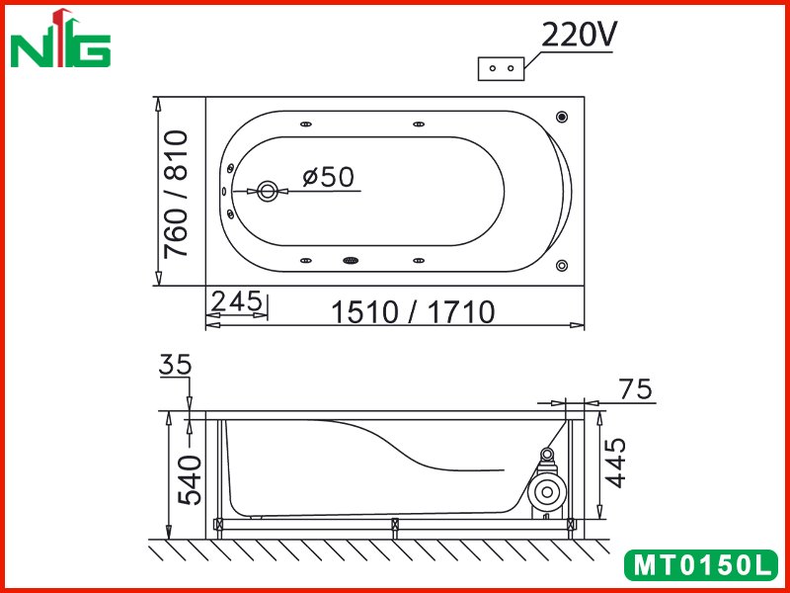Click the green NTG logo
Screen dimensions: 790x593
pos(60,39)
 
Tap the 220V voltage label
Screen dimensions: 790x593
pos(579,36)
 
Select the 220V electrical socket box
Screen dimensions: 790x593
pos(501,68)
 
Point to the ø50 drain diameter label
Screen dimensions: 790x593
pos(329,177)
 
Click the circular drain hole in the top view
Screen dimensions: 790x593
pos(267,191)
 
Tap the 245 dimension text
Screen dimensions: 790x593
pos(237,301)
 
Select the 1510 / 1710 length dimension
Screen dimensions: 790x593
pos(413,312)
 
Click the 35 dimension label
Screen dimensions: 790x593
pos(176,365)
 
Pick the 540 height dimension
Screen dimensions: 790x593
pos(191,479)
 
